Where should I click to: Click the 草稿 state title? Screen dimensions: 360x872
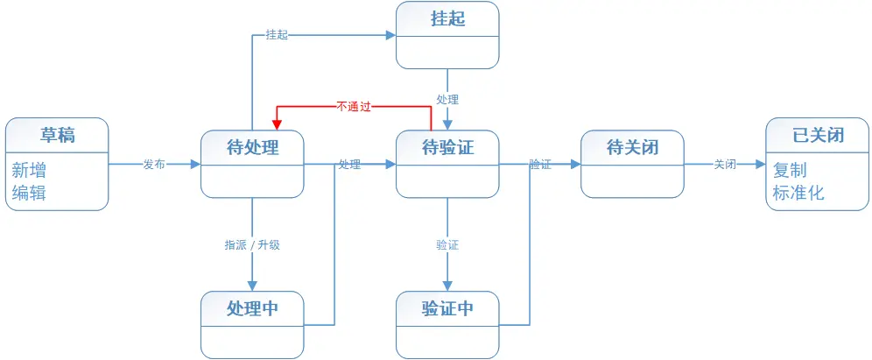coord(57,135)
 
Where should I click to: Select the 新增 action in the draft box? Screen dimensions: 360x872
coord(29,170)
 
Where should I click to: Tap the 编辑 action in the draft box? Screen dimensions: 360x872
coord(29,193)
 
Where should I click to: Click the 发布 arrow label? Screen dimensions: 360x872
coord(154,164)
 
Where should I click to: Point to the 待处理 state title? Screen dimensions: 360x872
coord(252,147)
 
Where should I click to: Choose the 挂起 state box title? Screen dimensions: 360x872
coord(447,18)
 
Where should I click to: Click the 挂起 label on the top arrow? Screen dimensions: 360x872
coord(277,35)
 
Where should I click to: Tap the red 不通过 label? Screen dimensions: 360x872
coord(354,106)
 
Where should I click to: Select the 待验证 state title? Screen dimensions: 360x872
coord(447,147)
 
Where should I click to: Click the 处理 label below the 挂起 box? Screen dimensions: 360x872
coord(447,100)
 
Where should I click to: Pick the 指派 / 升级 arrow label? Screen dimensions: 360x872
coord(252,245)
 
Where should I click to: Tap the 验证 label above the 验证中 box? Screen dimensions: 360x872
coord(447,245)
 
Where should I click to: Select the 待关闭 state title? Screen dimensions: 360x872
coord(632,147)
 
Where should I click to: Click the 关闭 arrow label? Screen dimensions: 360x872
coord(724,164)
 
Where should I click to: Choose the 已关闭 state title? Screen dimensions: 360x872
coord(818,135)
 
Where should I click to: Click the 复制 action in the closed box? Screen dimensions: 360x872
coord(789,170)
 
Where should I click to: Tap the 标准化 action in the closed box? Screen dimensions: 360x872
coord(798,193)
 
